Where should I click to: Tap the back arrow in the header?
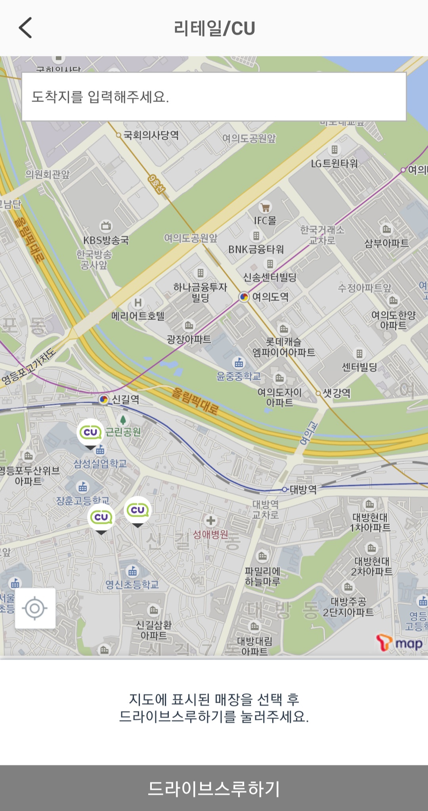25,28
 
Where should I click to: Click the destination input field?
214,97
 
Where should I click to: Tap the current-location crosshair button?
35,608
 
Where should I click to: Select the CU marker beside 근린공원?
91,433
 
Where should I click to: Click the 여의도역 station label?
270,297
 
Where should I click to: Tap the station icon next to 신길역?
103,399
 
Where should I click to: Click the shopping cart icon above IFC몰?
265,207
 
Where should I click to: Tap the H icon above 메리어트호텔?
138,303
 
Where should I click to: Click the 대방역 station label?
303,489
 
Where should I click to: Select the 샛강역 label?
336,393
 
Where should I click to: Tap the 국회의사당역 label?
151,135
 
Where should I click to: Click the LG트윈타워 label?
334,163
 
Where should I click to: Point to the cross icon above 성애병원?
211,520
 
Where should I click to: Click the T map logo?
399,643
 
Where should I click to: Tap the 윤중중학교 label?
239,376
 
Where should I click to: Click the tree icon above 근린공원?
123,420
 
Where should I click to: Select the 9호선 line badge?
157,184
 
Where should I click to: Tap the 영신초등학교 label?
132,585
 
